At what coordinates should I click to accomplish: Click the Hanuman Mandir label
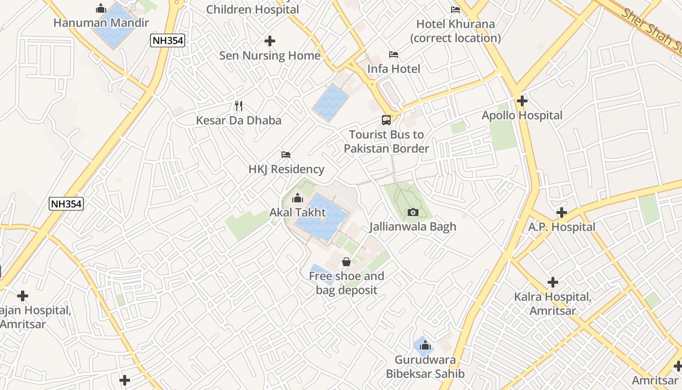[101, 23]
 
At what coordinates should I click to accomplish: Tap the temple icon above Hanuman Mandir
[101, 8]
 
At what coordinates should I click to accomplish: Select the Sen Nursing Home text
[270, 56]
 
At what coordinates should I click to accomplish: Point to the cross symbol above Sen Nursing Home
[270, 41]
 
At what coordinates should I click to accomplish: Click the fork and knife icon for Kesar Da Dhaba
[239, 106]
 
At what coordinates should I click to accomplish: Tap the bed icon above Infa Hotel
[394, 54]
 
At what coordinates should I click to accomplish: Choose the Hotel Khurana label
[455, 31]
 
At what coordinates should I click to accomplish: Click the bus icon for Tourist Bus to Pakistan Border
[386, 120]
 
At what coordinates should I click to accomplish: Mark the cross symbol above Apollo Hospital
[522, 101]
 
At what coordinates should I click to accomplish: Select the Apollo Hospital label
[522, 116]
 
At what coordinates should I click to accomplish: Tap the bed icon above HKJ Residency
[286, 155]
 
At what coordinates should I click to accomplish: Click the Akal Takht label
[298, 213]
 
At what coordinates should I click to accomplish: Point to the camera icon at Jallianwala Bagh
[413, 212]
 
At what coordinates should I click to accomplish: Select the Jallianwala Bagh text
[413, 227]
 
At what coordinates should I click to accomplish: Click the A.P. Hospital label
[562, 227]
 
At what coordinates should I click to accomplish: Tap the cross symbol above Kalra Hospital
[553, 282]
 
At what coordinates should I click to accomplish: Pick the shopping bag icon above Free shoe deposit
[346, 262]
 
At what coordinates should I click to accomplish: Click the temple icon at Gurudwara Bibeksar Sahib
[425, 346]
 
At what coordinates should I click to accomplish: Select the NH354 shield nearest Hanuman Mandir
[168, 41]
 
